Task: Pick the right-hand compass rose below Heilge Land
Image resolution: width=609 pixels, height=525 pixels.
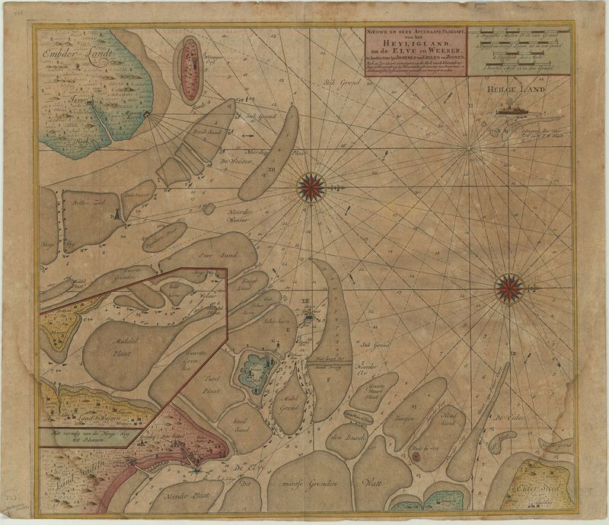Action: coord(509,288)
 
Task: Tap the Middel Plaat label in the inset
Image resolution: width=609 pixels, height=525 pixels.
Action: coord(122,347)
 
